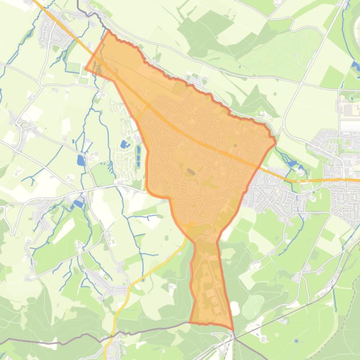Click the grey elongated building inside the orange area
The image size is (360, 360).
tap(191, 172)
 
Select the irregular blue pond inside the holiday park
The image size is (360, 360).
tap(124, 144)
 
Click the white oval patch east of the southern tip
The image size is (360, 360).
tap(235, 308)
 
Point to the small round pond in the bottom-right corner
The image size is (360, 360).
tap(296, 341)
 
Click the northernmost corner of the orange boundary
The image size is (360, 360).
tap(109, 31)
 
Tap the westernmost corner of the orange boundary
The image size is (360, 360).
tap(85, 68)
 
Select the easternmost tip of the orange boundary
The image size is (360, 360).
tap(275, 139)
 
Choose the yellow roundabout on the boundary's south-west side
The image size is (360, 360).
tap(191, 224)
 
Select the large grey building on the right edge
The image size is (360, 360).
tap(350, 125)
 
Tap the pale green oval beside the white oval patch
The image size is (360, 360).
tap(253, 306)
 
